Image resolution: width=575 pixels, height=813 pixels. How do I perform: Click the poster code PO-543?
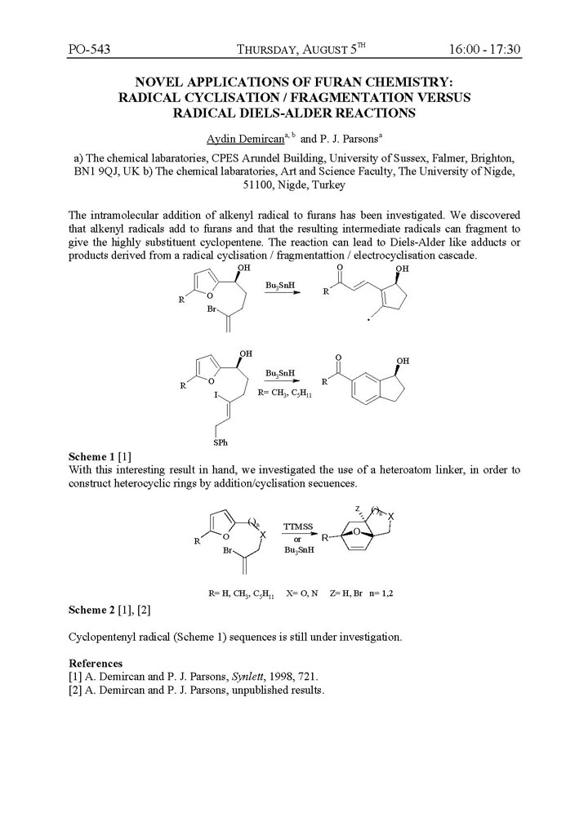(89, 49)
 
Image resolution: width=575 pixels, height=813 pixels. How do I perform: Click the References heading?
(96, 663)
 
